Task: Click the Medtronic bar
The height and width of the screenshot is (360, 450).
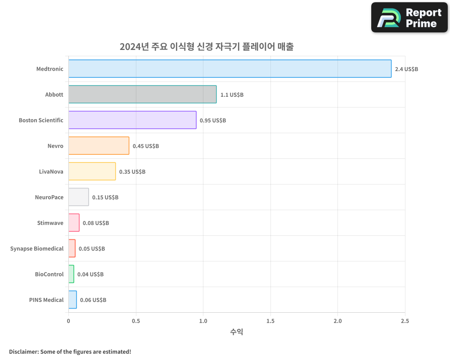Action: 229,69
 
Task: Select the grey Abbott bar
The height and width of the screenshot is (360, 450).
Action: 142,94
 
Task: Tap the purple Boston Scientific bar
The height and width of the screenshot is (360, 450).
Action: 132,120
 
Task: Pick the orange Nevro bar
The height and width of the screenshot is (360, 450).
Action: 99,146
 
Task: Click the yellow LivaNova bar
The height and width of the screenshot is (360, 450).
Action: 92,171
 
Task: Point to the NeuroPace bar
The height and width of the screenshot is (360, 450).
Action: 78,197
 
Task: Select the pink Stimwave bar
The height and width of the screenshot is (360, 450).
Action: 74,223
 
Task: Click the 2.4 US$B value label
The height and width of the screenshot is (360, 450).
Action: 406,69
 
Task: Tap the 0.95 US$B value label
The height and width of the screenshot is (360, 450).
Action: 213,121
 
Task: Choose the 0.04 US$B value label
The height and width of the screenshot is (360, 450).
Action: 90,274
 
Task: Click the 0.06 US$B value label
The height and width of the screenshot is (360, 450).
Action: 93,300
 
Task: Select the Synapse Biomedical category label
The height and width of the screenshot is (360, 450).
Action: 37,248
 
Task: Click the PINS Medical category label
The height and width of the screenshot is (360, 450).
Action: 46,300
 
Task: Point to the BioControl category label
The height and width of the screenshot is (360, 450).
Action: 49,274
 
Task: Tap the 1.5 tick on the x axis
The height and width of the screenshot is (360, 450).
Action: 270,321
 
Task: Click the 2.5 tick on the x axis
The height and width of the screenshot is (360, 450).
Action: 405,321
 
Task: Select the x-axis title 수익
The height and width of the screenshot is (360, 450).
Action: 237,332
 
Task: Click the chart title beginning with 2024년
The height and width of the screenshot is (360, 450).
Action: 207,47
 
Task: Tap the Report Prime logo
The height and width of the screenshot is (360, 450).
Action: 409,18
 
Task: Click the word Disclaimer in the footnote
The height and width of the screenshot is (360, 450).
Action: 23,352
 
